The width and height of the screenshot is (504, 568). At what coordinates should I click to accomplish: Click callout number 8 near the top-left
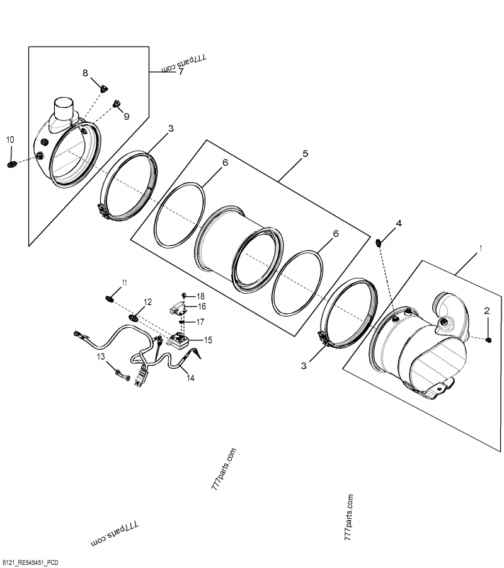tap(86, 73)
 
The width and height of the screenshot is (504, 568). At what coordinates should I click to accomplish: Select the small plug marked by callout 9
tap(117, 103)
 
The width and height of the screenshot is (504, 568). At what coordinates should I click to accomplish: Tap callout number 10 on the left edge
tap(9, 139)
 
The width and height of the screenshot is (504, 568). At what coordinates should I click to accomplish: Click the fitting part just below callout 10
tap(11, 165)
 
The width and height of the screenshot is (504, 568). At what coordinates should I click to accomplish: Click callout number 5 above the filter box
tap(305, 153)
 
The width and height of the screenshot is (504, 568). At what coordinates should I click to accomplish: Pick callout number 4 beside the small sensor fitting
tap(398, 224)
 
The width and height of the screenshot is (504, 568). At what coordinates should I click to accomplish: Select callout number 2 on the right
tap(486, 310)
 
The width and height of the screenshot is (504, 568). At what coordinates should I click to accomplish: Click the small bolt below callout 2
tap(489, 340)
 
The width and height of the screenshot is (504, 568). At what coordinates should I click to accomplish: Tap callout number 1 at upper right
tap(481, 249)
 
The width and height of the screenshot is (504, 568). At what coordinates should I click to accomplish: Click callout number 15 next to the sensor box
tap(207, 340)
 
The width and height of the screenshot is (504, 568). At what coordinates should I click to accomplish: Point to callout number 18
tap(200, 296)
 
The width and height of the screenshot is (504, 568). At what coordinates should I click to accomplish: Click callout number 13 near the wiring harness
tap(101, 357)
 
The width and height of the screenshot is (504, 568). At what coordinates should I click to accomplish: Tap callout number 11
tap(124, 282)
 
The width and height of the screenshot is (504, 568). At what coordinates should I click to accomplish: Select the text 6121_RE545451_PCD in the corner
tap(31, 562)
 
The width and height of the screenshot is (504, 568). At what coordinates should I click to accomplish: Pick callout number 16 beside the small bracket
tap(202, 306)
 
